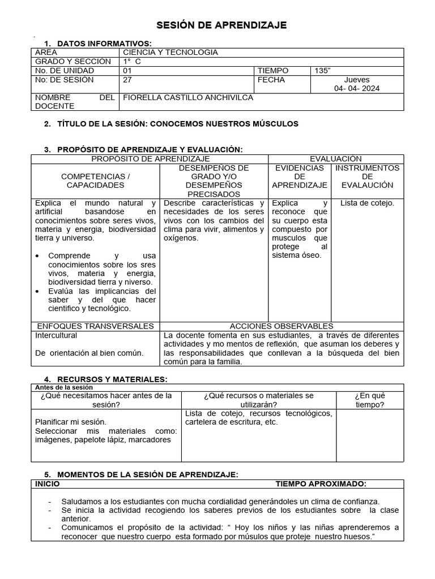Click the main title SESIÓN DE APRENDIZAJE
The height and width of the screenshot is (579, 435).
221,25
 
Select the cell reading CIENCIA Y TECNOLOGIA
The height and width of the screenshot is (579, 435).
170,52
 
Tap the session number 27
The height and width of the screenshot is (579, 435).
127,80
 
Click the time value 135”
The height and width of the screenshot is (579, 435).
323,71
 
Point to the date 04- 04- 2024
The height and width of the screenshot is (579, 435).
357,88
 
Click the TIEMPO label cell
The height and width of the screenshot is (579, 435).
273,71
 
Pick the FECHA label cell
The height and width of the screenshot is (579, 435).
271,80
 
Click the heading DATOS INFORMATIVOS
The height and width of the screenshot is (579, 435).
104,44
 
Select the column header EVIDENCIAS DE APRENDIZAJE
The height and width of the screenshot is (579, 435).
299,176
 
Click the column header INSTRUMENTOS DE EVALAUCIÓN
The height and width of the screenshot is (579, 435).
367,176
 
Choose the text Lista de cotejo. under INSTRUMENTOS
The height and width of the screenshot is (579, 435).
367,203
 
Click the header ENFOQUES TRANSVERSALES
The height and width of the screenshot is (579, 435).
95,326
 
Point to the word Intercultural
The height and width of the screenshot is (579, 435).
56,335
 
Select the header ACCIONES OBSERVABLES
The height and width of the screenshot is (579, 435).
282,326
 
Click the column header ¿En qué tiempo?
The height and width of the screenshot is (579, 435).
370,400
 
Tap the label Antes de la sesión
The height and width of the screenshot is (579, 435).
63,387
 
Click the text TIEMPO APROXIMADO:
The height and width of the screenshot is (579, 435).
321,484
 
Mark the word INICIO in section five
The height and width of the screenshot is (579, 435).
47,484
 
